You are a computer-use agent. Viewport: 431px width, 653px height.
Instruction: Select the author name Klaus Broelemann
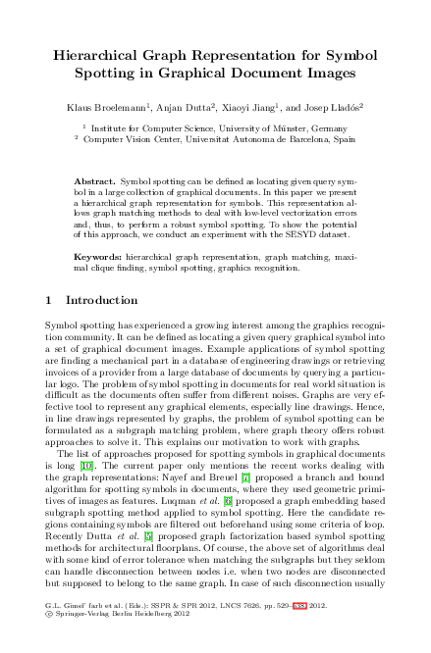click(103, 104)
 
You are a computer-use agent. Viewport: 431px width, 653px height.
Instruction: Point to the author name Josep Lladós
click(335, 104)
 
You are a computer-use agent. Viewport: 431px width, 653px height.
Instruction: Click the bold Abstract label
click(95, 182)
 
